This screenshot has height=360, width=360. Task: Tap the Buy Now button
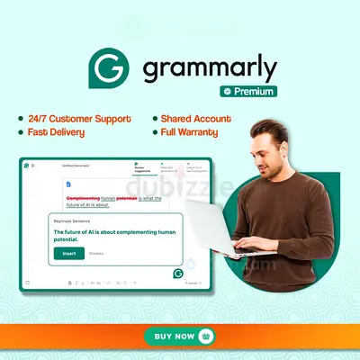pos(180,336)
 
